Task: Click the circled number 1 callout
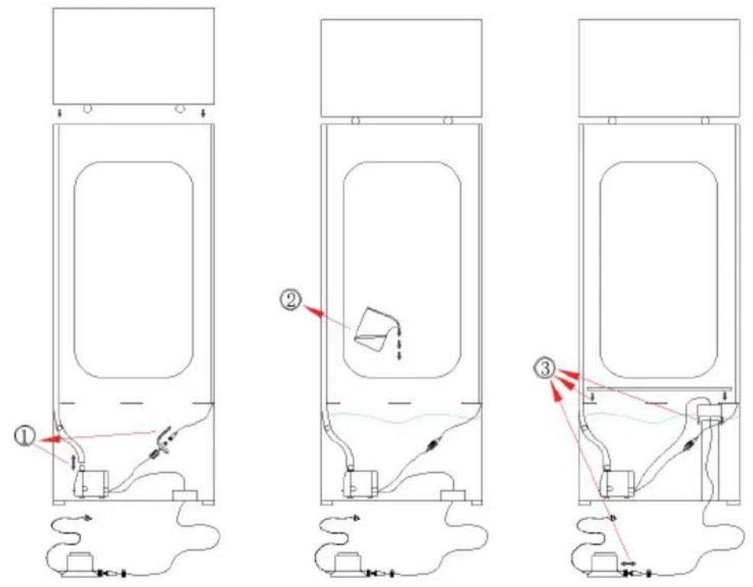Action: click(24, 438)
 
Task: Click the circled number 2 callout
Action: click(291, 300)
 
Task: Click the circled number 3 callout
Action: click(544, 369)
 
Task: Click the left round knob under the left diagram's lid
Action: click(88, 108)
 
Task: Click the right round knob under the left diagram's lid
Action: click(179, 108)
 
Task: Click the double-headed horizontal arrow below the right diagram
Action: click(628, 563)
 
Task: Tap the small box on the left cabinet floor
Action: click(184, 496)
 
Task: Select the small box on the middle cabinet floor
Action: click(452, 496)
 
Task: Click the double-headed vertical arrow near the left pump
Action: click(72, 462)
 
